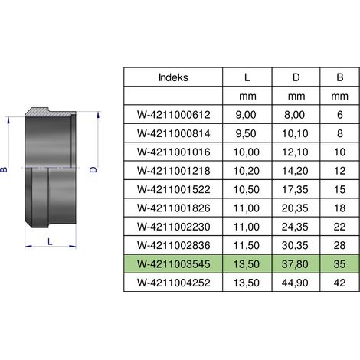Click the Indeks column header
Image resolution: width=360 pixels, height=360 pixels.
click(173, 77)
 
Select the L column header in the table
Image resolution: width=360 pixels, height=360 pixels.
click(247, 77)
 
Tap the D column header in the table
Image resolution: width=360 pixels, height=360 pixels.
click(296, 77)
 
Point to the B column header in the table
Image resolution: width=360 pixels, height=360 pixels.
click(340, 77)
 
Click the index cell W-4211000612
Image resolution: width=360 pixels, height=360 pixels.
click(174, 115)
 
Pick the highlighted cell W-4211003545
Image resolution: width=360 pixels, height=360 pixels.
click(174, 264)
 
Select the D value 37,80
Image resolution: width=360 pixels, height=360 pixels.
click(295, 264)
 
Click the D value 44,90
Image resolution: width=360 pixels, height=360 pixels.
click(295, 283)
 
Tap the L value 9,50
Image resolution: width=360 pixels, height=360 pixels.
click(246, 133)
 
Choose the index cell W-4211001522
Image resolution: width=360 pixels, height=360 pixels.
click(174, 189)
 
